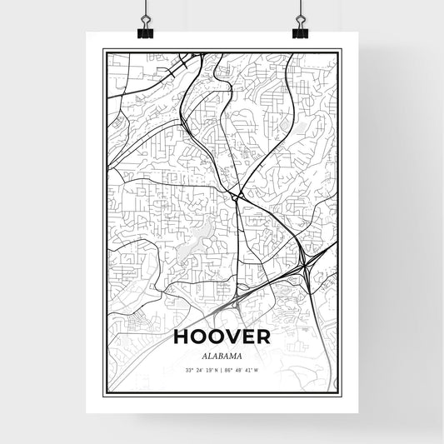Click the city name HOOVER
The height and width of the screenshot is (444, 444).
tap(222, 337)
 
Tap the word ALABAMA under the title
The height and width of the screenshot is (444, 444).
tap(222, 354)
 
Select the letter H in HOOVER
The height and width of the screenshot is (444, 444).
tap(182, 337)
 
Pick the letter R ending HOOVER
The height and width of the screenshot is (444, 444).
tap(262, 337)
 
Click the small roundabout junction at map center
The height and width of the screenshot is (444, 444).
tap(239, 197)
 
